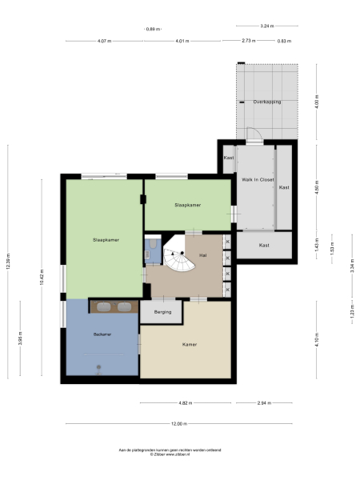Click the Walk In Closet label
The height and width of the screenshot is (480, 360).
(x=258, y=180)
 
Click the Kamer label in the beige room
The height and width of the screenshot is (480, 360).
(x=189, y=345)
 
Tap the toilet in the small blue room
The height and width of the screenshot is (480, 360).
(x=150, y=255)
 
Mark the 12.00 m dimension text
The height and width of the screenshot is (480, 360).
(x=178, y=423)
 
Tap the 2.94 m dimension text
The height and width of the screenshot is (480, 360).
(x=263, y=403)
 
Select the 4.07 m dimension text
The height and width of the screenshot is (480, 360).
(x=104, y=41)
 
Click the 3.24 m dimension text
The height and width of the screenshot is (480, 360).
(x=267, y=26)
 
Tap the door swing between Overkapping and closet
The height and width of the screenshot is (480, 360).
(x=253, y=135)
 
